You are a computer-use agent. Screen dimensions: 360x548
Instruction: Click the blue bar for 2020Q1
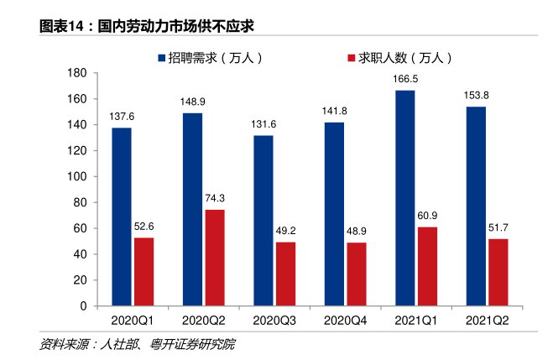coord(122,217)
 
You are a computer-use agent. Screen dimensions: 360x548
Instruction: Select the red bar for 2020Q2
coord(215,258)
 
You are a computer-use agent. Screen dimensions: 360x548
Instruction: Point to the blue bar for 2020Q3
coord(264,221)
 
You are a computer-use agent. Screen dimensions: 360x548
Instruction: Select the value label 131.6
coord(264,125)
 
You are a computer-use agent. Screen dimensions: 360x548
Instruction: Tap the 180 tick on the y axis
coord(78,73)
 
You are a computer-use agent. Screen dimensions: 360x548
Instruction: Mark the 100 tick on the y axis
coord(78,177)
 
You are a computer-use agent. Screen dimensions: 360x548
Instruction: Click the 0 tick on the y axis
coord(84,306)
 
